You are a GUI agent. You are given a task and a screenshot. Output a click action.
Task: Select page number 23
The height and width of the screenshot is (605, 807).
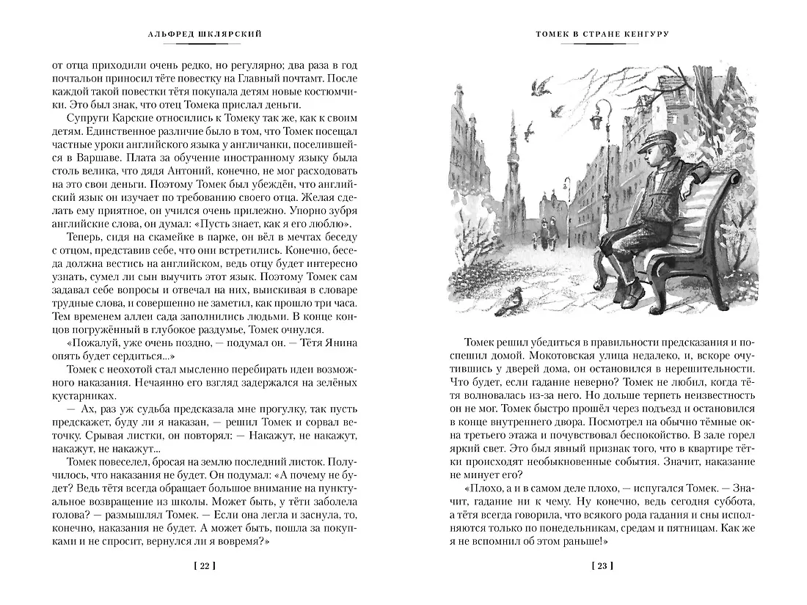tap(602, 565)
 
